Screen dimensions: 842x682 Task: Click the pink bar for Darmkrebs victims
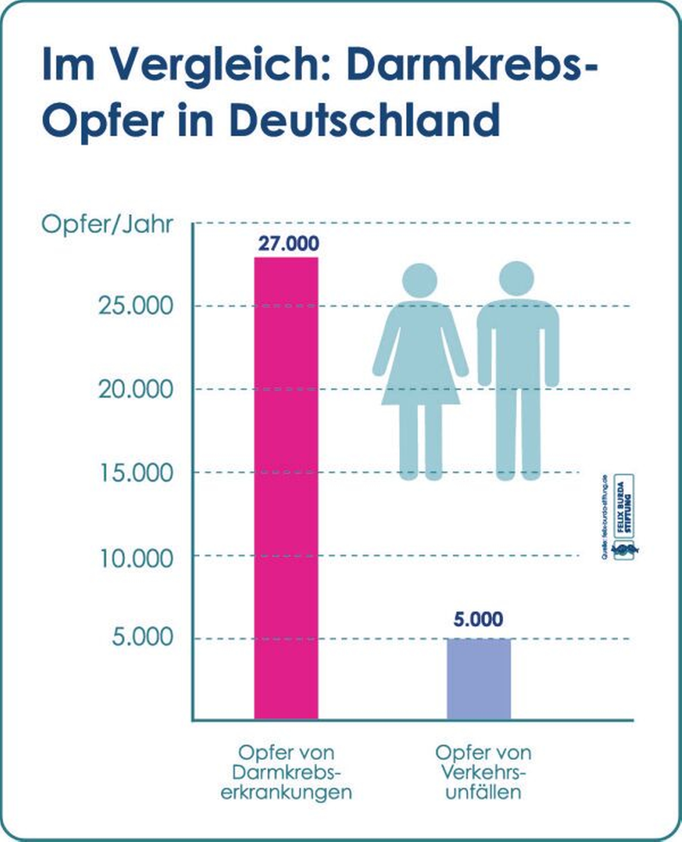[286, 488]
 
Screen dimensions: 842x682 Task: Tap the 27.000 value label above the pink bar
[288, 244]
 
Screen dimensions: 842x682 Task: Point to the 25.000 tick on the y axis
[136, 306]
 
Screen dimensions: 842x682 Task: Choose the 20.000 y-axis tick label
[136, 390]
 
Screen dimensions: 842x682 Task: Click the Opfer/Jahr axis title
[107, 225]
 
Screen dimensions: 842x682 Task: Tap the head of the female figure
[420, 281]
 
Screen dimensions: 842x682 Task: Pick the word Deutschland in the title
[366, 119]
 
